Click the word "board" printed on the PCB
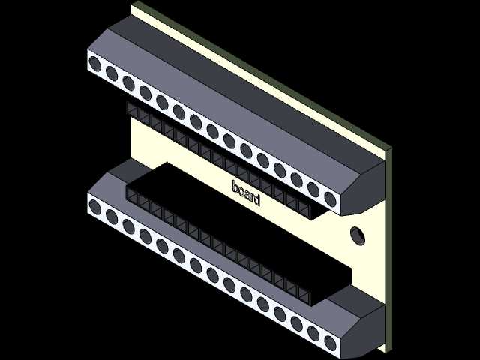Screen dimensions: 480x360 (x=246, y=193)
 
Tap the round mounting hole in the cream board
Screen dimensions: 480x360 (x=358, y=235)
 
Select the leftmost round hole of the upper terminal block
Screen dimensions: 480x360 (x=95, y=64)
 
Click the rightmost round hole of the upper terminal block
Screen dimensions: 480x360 (x=330, y=199)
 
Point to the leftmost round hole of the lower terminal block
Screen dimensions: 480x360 (x=95, y=207)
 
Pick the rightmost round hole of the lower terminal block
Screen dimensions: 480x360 (x=330, y=343)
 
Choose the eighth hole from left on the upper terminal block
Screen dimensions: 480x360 (x=212, y=131)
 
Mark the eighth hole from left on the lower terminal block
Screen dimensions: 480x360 (x=212, y=275)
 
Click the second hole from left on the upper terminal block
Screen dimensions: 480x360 (x=112, y=73)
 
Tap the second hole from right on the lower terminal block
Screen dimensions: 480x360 (x=313, y=333)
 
